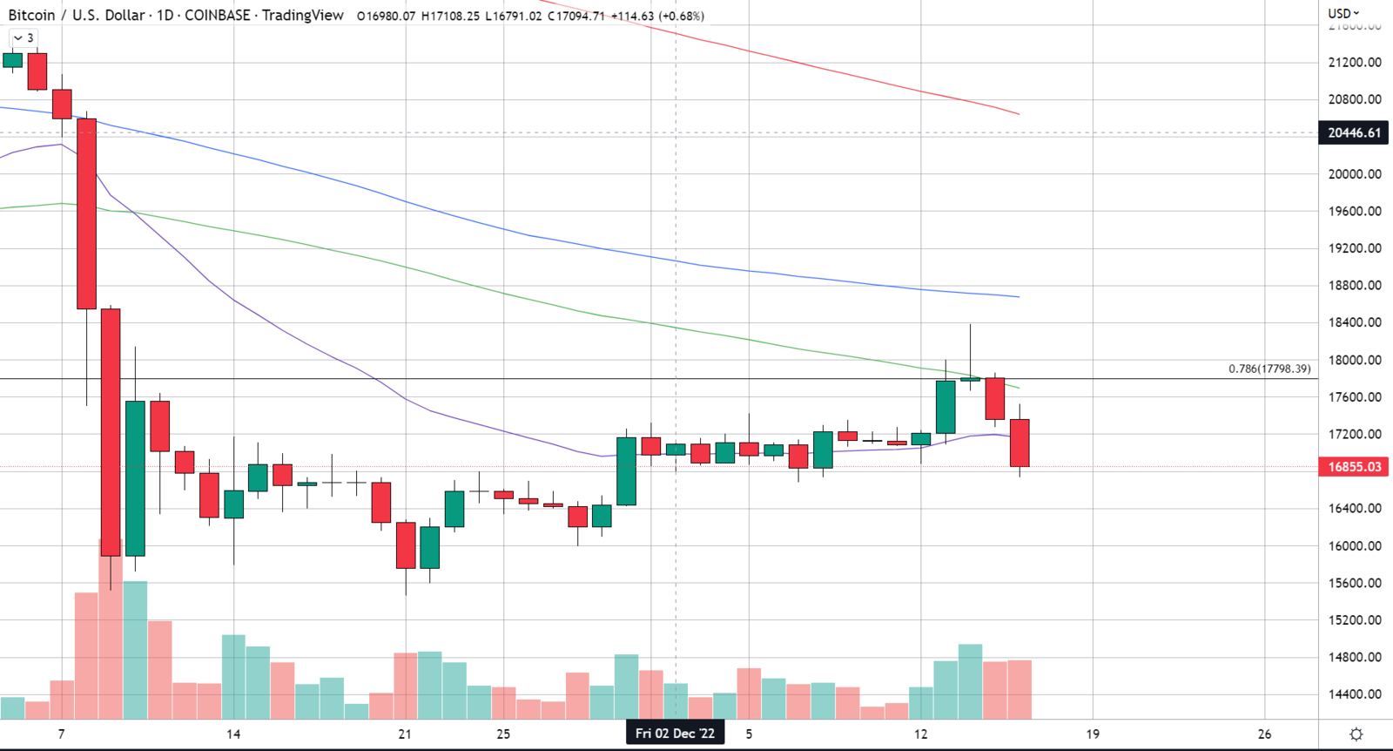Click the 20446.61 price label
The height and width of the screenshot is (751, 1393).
pyautogui.click(x=1354, y=133)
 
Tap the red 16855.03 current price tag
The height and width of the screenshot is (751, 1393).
pyautogui.click(x=1354, y=467)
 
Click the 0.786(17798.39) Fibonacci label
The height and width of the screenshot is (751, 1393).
pyautogui.click(x=1269, y=369)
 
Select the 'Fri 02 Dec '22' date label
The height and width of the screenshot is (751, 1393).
pyautogui.click(x=675, y=734)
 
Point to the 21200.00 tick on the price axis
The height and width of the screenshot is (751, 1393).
pyautogui.click(x=1354, y=63)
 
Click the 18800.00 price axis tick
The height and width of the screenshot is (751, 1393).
pyautogui.click(x=1354, y=286)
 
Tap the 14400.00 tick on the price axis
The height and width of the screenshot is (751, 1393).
pyautogui.click(x=1354, y=694)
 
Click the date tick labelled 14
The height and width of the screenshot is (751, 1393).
pyautogui.click(x=233, y=734)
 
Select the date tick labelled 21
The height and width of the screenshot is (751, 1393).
pyautogui.click(x=405, y=734)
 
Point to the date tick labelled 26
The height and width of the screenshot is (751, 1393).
pyautogui.click(x=1264, y=734)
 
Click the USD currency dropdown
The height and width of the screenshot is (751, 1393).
pyautogui.click(x=1343, y=13)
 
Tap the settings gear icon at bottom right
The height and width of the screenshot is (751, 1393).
pyautogui.click(x=1356, y=734)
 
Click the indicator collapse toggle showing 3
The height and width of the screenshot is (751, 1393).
pyautogui.click(x=24, y=38)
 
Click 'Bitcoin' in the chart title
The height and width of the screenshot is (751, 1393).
pyautogui.click(x=31, y=16)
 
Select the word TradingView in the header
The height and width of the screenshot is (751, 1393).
pyautogui.click(x=302, y=16)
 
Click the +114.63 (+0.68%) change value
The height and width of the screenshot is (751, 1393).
pyautogui.click(x=657, y=16)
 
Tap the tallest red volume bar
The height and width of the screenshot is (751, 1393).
pyautogui.click(x=111, y=627)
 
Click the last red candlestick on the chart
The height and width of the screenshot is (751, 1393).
pyautogui.click(x=1020, y=443)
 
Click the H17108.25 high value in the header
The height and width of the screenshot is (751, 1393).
pyautogui.click(x=450, y=16)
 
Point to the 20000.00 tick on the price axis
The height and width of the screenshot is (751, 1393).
pyautogui.click(x=1354, y=174)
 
